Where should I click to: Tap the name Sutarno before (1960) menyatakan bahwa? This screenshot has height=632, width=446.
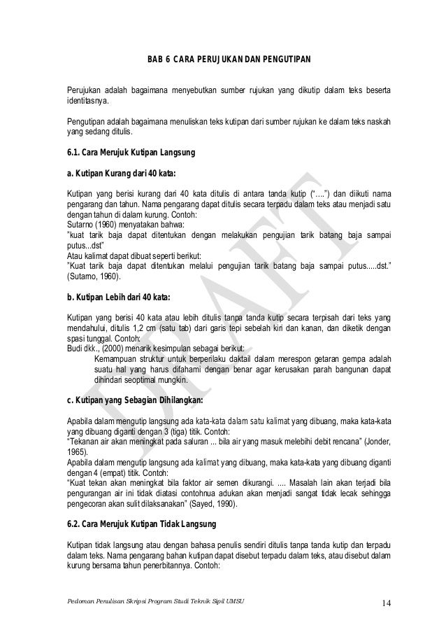tap(80, 225)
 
